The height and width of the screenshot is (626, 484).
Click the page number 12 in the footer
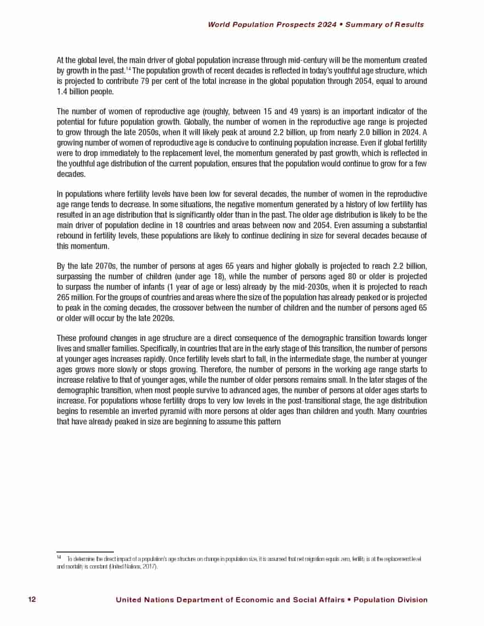pos(32,599)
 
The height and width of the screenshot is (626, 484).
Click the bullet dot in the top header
pos(341,25)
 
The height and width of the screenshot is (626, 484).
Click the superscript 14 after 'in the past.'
pos(129,69)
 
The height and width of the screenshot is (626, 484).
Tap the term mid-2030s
pos(306,287)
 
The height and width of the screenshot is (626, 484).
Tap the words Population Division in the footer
pos(390,600)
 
